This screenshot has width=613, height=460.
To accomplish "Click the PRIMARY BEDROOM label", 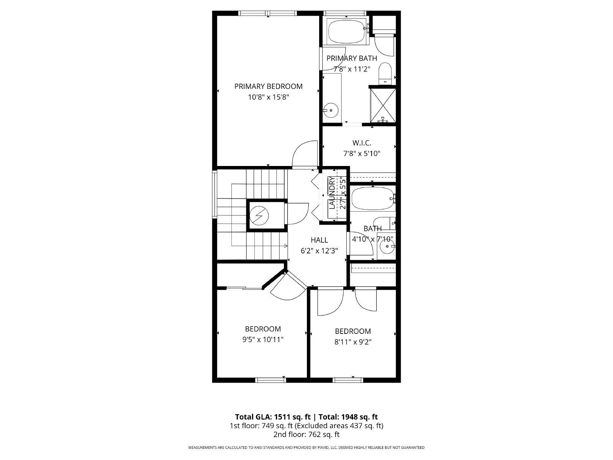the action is click(268, 86).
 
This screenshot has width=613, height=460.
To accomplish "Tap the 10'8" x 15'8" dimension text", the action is click(268, 97).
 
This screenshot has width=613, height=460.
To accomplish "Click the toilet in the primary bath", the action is click(386, 73).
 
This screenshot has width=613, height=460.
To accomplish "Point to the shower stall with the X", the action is click(383, 105).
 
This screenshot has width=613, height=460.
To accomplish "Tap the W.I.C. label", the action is click(362, 143).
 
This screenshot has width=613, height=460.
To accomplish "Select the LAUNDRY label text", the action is click(332, 193).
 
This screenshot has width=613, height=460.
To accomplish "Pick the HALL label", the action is click(319, 240).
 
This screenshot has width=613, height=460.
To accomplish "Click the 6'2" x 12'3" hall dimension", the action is click(319, 251).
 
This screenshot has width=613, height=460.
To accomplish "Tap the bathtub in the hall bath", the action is click(372, 199).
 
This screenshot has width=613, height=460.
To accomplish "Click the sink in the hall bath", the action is click(387, 246).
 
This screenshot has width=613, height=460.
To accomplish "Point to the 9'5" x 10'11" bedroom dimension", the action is click(263, 340).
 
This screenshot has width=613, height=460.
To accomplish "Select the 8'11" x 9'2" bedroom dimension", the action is click(353, 342).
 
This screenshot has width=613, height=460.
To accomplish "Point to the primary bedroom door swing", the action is click(305, 154).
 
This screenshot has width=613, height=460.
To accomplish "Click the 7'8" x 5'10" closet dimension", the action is click(362, 154).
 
